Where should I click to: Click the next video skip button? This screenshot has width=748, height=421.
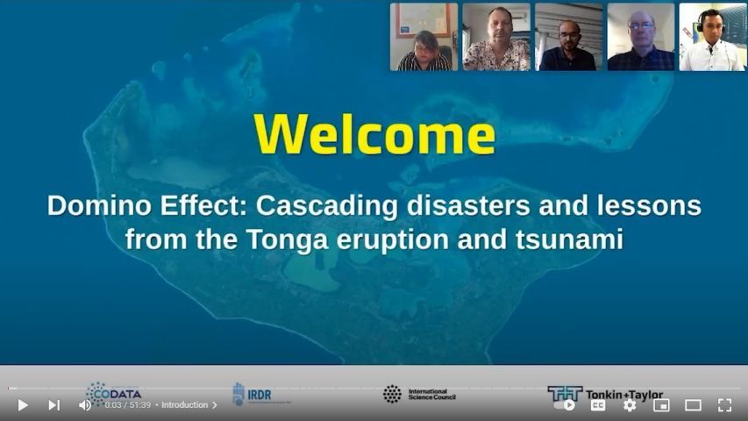point(53,405)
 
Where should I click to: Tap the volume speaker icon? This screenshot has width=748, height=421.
point(85,405)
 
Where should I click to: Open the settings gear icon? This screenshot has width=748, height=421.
point(630,405)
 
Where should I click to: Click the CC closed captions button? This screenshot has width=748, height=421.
point(598,405)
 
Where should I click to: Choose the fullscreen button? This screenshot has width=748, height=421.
point(724,405)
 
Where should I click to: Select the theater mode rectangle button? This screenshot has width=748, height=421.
point(693,405)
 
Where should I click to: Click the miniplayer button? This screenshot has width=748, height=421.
point(661,405)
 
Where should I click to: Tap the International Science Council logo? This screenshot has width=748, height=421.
point(418,394)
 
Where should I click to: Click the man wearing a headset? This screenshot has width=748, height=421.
point(712,37)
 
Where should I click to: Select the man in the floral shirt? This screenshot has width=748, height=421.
point(496,37)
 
